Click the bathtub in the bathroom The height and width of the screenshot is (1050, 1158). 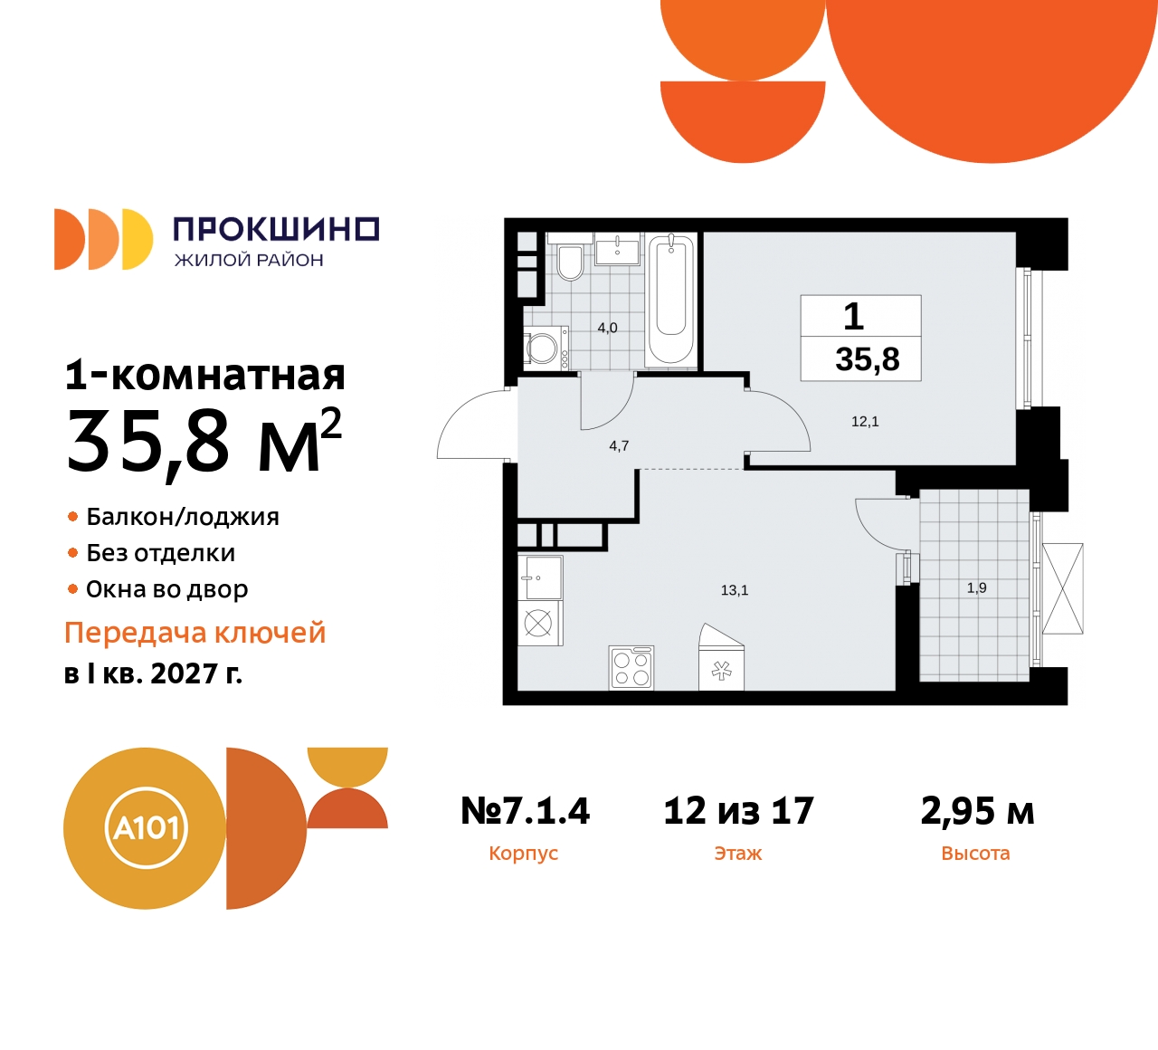[x=670, y=300]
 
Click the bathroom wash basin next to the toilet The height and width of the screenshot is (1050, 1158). [x=617, y=248]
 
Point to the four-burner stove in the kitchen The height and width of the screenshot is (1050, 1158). [x=631, y=668]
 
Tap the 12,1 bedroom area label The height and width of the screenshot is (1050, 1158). [x=865, y=422]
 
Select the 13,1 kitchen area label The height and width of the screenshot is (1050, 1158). [x=735, y=590]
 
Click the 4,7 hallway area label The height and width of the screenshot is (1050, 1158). [x=619, y=446]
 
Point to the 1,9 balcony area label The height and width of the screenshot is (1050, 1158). [x=977, y=588]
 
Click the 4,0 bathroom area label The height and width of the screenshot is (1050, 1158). [x=607, y=328]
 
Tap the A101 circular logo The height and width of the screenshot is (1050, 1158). [x=146, y=827]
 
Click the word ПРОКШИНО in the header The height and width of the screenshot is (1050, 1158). [x=275, y=229]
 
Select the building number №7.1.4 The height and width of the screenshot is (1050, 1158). [x=525, y=811]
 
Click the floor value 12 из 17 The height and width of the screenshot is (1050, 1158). [x=738, y=811]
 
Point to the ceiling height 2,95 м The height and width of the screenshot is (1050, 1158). [x=977, y=811]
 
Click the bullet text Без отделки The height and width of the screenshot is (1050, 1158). [x=161, y=553]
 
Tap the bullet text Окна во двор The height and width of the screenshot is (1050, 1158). [x=167, y=589]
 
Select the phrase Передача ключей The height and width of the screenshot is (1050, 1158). [x=195, y=633]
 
